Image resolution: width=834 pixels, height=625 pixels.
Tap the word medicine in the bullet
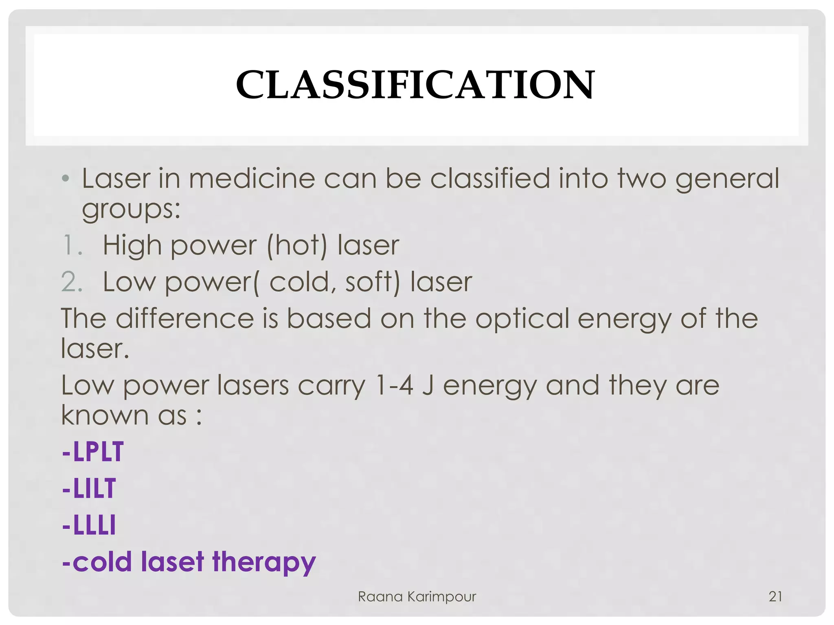tap(252, 179)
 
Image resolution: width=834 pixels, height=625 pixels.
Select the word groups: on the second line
tap(131, 210)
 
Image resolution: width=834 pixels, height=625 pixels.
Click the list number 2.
tap(72, 282)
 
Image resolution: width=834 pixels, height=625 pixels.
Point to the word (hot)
tap(297, 245)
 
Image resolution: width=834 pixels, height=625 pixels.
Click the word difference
tap(185, 318)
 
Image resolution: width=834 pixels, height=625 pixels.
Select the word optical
tap(522, 318)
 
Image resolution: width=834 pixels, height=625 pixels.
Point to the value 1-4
tap(394, 385)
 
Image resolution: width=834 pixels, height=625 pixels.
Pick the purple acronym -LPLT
tap(93, 452)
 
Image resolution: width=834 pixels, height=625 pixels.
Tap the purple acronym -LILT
tap(89, 488)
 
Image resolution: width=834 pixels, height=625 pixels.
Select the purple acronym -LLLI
tap(89, 525)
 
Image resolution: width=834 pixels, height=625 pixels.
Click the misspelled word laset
tap(172, 562)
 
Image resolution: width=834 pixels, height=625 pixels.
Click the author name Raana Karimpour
tap(417, 597)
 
